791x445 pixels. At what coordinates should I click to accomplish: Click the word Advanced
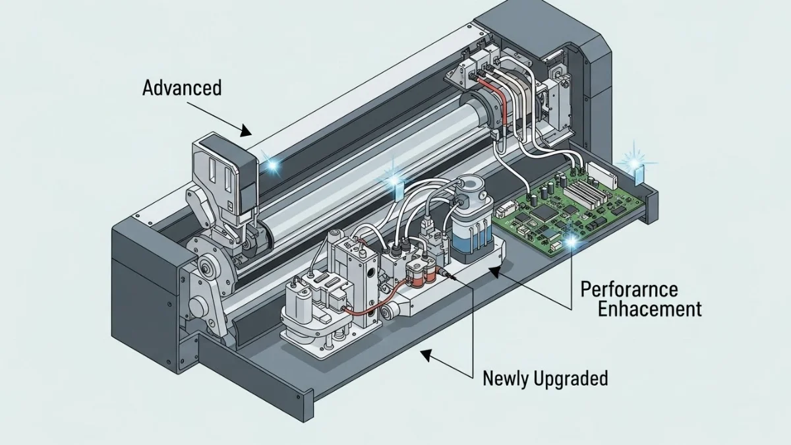point(182,88)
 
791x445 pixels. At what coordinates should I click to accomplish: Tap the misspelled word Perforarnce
point(630,290)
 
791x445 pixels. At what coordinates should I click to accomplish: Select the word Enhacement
point(650,309)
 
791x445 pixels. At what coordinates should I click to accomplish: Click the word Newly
point(506,378)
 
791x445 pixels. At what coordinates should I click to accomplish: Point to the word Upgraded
point(571,379)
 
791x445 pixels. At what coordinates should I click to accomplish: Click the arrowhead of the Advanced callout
point(245,131)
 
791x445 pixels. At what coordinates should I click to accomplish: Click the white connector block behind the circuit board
point(602,174)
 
